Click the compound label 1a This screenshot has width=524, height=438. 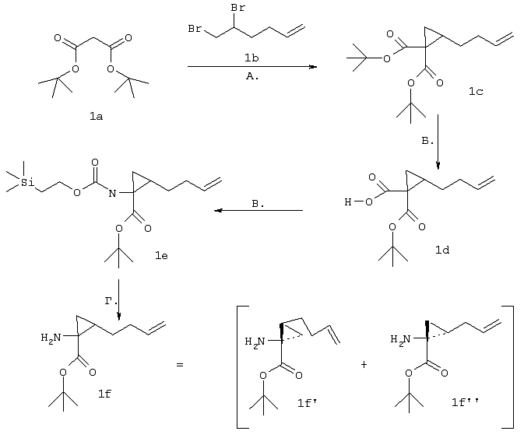click(x=96, y=117)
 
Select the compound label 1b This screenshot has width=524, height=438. click(x=251, y=58)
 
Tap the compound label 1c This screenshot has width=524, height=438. click(x=476, y=92)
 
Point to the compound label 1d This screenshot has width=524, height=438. click(x=442, y=250)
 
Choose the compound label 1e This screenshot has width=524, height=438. click(x=161, y=256)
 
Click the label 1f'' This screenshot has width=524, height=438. click(x=465, y=403)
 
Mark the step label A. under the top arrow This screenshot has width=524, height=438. click(x=252, y=76)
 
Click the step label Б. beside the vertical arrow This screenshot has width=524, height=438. click(x=427, y=141)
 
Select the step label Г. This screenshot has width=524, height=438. click(x=111, y=301)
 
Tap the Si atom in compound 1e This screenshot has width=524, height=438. click(x=27, y=182)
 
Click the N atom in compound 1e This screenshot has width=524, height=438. click(x=112, y=193)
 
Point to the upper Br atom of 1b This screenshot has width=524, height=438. click(x=238, y=8)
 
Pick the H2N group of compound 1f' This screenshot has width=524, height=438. click(x=255, y=342)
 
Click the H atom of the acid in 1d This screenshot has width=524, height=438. click(x=348, y=201)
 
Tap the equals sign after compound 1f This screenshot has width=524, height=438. click(x=180, y=365)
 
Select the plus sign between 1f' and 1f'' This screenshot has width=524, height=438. click(x=364, y=364)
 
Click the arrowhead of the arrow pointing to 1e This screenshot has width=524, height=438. click(x=218, y=210)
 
